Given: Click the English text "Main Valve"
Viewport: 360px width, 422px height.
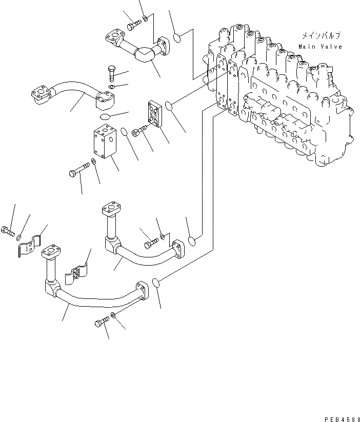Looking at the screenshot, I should (x=320, y=47).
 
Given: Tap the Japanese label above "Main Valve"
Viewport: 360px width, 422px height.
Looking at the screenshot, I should (x=321, y=36).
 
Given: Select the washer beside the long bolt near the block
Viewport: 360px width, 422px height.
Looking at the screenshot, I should (x=93, y=163).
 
